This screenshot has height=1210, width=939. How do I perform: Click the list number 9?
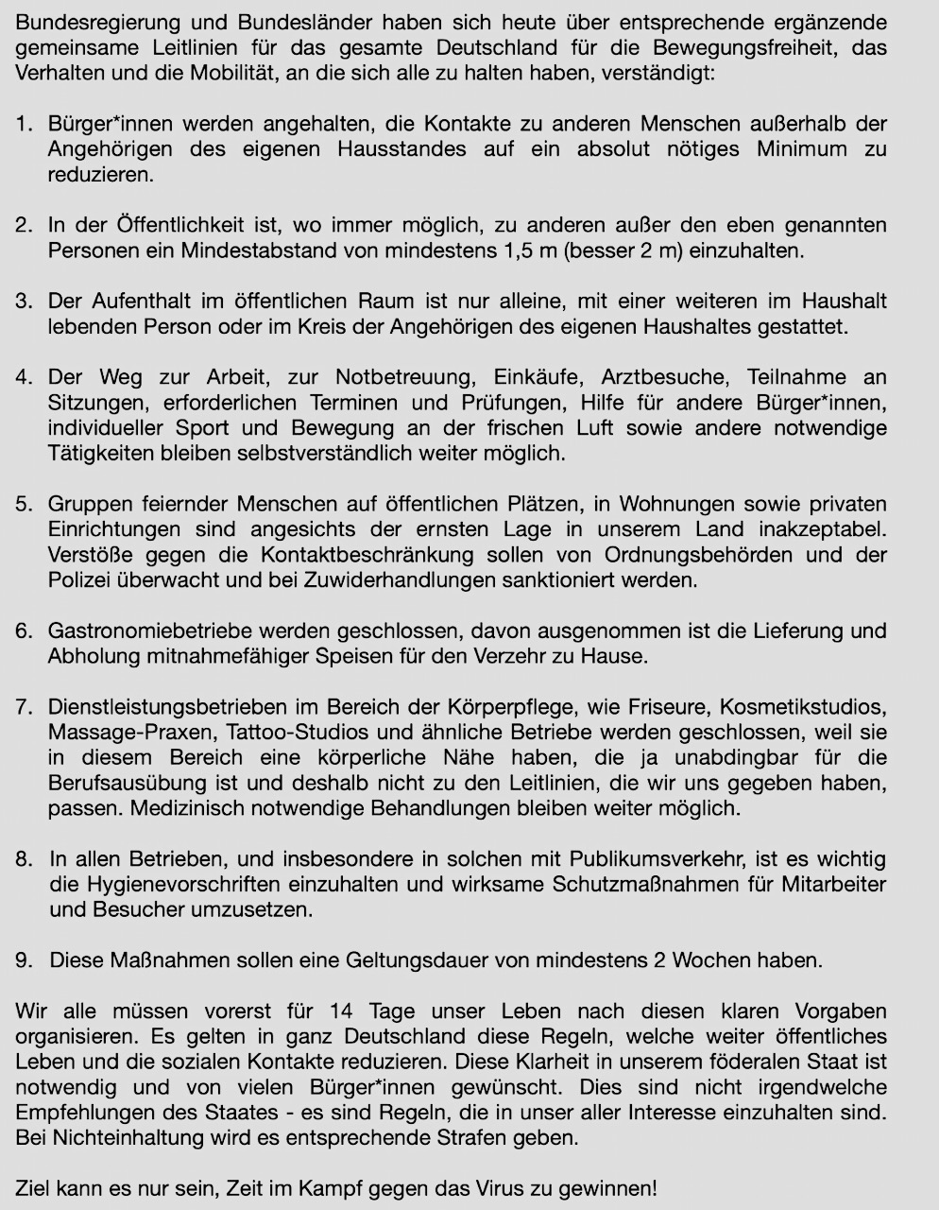23,960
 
